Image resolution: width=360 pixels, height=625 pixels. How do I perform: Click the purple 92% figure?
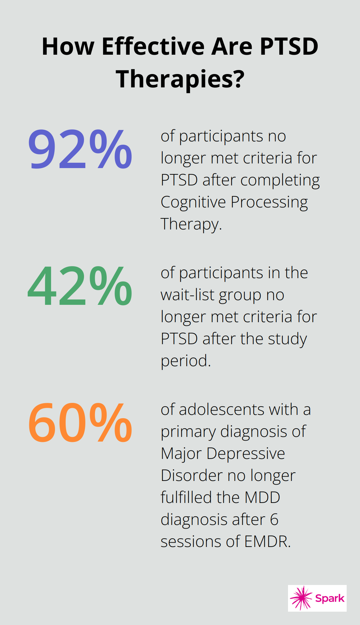point(80,149)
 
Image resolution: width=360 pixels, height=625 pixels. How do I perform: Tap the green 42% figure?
point(80,286)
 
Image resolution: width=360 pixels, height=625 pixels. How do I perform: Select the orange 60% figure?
point(80,423)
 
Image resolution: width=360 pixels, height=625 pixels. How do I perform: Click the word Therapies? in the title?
point(180,79)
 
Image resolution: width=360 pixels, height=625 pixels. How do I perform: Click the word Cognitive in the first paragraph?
point(193,202)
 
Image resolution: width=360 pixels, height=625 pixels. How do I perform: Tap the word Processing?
point(269,202)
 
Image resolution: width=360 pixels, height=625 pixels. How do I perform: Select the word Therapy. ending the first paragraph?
point(191,224)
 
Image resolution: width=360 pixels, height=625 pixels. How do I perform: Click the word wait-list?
point(188,295)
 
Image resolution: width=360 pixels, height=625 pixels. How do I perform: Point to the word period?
point(186,361)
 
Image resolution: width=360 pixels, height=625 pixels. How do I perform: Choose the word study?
point(287,339)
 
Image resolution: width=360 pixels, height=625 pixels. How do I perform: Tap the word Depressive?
point(246,454)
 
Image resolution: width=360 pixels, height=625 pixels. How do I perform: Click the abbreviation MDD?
point(262,498)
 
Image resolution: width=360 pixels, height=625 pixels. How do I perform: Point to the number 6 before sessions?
point(274,520)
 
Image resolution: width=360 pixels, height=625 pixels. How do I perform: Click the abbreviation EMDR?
point(267,542)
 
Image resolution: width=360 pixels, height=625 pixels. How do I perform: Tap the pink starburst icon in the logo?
point(301,598)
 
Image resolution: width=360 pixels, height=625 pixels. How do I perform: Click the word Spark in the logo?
point(330,598)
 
